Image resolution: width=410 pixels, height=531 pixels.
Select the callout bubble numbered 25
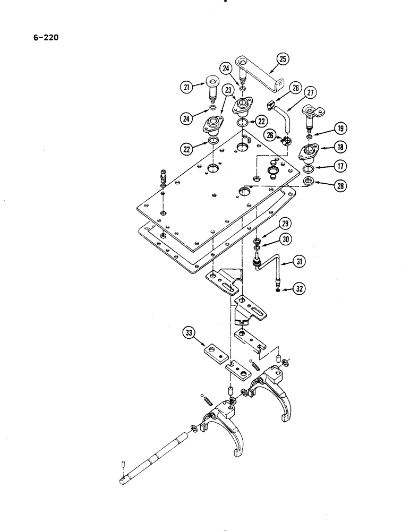(283, 59)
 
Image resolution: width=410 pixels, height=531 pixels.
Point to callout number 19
(339, 127)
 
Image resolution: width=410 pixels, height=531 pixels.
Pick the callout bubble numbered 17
(339, 166)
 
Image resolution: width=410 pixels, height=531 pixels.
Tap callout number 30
(287, 240)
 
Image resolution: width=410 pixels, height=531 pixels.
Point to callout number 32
(301, 289)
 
